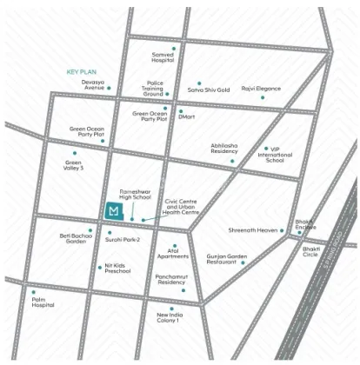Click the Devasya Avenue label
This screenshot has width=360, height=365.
point(93,84)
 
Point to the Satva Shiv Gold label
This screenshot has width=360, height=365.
point(210,89)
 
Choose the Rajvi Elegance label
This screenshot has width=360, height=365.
point(262,89)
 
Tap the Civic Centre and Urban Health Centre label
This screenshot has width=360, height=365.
point(182,208)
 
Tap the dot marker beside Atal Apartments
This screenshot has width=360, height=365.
point(174,246)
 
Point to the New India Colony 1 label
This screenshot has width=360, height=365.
point(168,317)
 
